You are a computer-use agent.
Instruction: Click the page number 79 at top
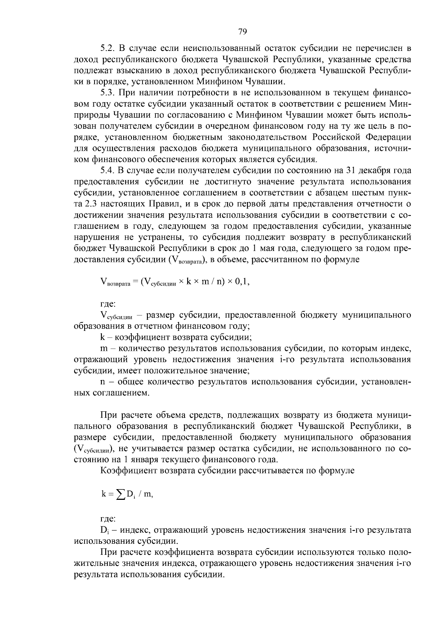pyautogui.click(x=243, y=32)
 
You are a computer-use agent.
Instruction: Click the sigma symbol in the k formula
pyautogui.click(x=120, y=494)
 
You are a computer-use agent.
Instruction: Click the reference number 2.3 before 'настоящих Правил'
pyautogui.click(x=92, y=204)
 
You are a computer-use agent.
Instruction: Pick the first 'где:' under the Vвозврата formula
pyautogui.click(x=108, y=304)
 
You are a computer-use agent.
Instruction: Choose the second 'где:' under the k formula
pyautogui.click(x=108, y=519)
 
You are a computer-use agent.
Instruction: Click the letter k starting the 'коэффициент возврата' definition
pyautogui.click(x=102, y=337)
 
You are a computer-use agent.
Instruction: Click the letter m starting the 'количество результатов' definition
pyautogui.click(x=103, y=348)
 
